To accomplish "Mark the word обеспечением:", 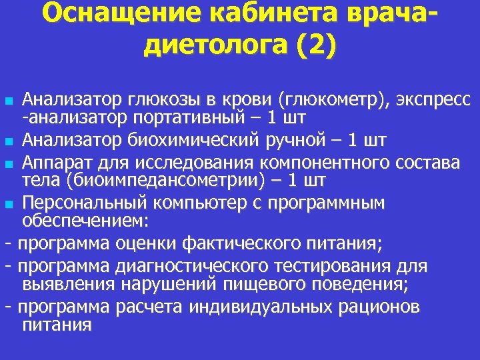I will click(x=83, y=221).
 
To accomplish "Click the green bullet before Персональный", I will click(x=8, y=204).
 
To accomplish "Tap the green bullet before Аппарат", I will click(x=8, y=163).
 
